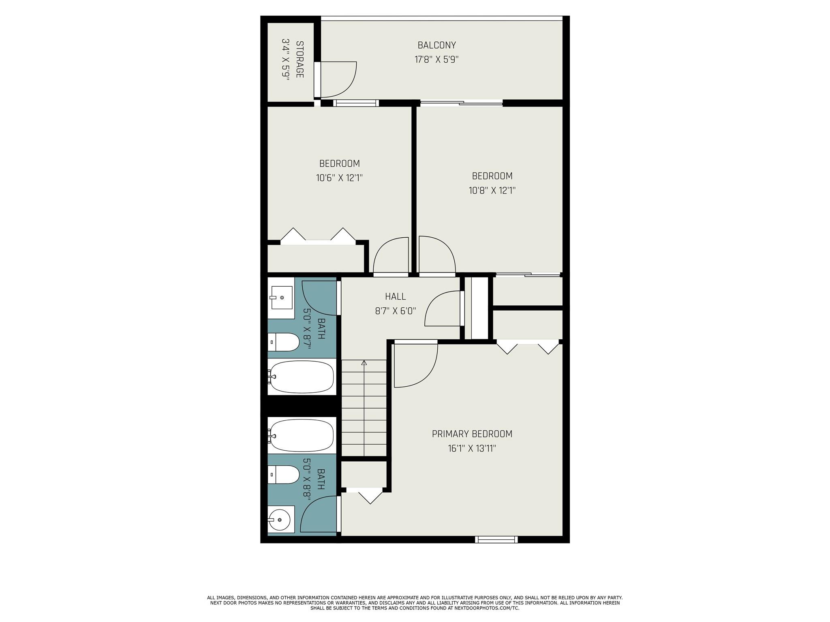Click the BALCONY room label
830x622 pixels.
436,45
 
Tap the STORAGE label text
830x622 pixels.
300,60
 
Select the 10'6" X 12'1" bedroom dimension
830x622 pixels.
339,178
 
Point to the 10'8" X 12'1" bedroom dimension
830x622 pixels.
492,190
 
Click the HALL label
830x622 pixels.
395,296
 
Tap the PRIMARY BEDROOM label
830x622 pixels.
472,434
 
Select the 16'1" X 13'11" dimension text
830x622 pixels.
472,449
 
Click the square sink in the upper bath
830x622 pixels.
281,298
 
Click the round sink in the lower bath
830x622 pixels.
280,520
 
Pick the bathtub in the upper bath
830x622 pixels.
302,377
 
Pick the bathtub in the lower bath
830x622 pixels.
302,435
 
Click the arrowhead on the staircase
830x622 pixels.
364,363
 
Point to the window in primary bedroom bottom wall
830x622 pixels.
496,539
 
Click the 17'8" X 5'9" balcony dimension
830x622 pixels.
436,60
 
